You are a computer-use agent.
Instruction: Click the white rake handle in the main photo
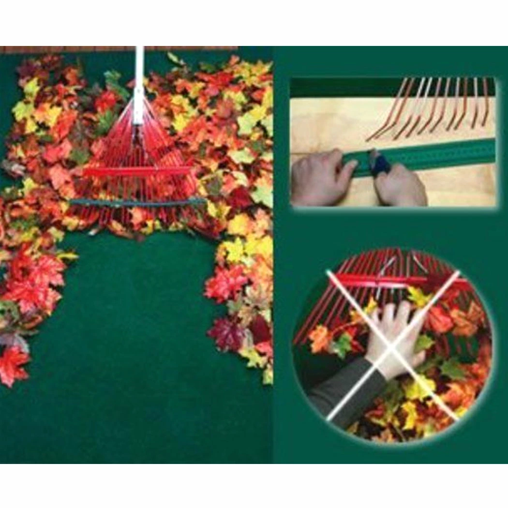point(139,73)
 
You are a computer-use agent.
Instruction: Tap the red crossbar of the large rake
point(138,171)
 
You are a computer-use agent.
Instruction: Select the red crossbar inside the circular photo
point(382,280)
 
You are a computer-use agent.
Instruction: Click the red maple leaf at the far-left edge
point(12,365)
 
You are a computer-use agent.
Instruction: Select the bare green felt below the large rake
point(140,339)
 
